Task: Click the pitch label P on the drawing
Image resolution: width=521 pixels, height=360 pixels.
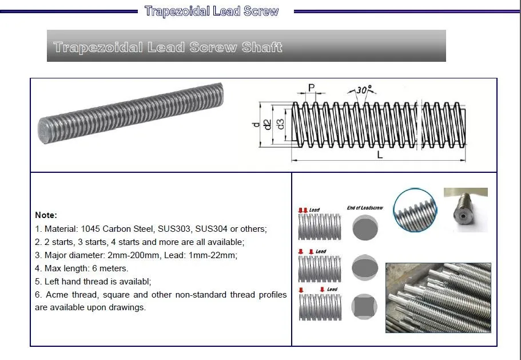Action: point(312,88)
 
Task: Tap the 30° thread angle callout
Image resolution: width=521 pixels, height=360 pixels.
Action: point(363,89)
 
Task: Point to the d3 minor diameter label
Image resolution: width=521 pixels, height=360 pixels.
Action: point(280,123)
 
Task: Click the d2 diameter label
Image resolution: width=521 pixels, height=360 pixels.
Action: point(268,123)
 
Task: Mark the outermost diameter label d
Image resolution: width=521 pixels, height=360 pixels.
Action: point(256,124)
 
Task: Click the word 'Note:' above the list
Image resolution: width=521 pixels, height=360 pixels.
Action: point(46,215)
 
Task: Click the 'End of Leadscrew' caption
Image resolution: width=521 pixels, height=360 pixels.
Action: point(365,208)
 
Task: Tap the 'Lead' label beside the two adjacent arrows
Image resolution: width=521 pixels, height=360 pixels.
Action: point(314,210)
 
